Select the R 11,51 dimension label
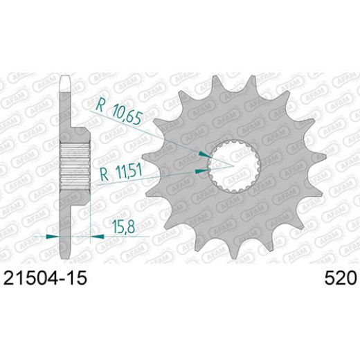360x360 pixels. [118, 172]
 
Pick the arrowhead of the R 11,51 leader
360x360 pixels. [202, 168]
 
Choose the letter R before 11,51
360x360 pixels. [100, 172]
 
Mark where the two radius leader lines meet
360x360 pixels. [232, 166]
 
